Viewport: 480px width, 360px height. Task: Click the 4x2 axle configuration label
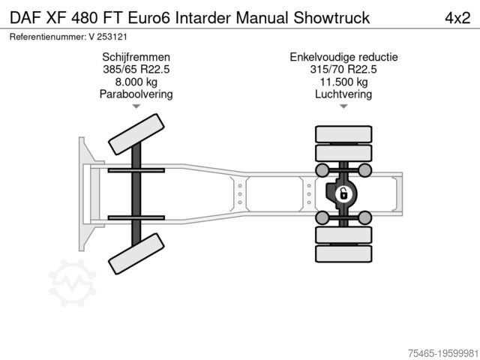457,18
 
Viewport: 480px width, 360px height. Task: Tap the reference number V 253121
108,37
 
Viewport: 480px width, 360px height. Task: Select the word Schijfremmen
136,57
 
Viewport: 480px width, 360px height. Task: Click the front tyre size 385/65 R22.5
136,69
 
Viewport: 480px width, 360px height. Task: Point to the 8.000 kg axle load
136,82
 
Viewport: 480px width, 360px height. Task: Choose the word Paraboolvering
136,94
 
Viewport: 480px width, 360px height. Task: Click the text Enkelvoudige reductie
343,57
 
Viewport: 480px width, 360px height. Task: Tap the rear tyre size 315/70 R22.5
343,69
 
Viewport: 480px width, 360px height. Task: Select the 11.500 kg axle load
343,82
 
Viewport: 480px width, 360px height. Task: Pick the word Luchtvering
343,94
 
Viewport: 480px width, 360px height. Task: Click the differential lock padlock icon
343,194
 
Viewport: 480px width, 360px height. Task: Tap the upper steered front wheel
136,134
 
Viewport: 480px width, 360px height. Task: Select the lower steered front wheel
136,253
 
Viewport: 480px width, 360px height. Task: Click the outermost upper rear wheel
343,134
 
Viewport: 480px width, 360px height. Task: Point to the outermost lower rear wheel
343,253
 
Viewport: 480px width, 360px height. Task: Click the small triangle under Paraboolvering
136,106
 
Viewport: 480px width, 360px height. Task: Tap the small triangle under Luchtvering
343,106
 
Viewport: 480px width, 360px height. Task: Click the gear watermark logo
72,283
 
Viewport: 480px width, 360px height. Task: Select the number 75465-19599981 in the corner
443,353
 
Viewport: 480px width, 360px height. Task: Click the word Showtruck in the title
331,18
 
